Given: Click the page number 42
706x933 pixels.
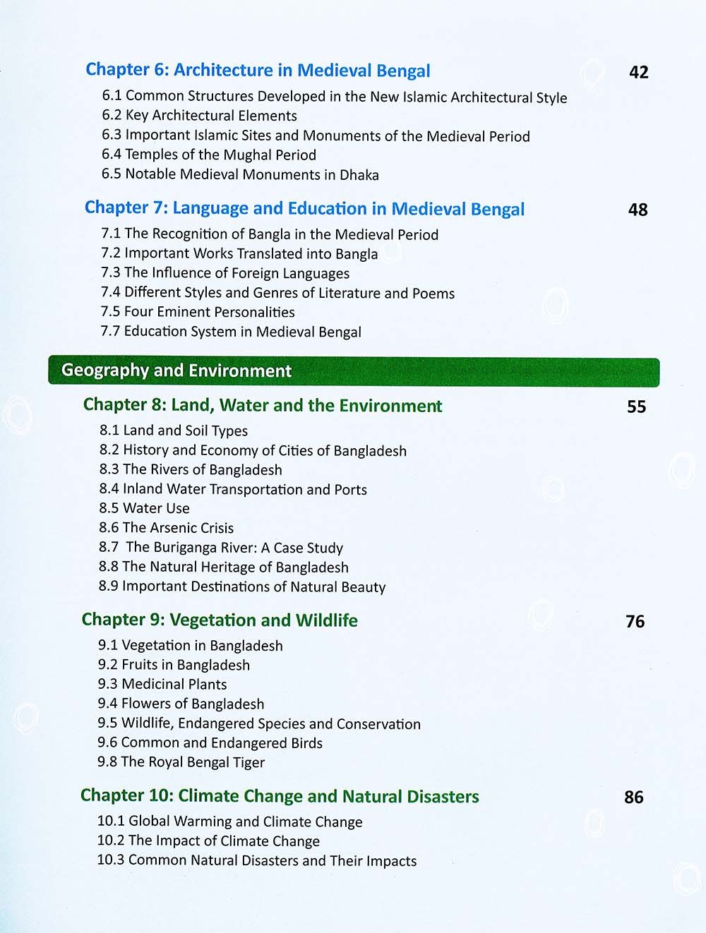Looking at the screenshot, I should pos(638,72).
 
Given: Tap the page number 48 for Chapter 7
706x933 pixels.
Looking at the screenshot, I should pos(638,210).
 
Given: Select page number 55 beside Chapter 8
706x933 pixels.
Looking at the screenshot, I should pos(636,407).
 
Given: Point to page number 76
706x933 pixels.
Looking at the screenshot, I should pos(635,621).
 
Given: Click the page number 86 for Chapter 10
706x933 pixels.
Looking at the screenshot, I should pos(633,797).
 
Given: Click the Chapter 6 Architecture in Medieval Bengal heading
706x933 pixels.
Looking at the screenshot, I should pos(258,71).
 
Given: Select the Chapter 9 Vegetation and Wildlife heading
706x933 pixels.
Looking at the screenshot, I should pos(220,620).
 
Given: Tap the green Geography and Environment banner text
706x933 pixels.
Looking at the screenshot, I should pos(176,371).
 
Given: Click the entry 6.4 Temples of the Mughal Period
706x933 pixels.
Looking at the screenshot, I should pos(209,155).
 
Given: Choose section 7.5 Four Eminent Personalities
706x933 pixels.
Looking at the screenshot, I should pos(198,312).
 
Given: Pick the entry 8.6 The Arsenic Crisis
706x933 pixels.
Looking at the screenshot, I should pos(166,528).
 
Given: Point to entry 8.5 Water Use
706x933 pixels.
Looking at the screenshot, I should pos(144,508).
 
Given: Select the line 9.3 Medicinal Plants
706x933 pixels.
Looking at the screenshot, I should pos(162,684).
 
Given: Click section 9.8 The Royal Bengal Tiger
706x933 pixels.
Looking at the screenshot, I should pos(181,762).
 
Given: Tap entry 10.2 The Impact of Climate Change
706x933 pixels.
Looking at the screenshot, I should pos(208,841).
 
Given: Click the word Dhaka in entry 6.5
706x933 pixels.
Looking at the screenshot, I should pos(359,175).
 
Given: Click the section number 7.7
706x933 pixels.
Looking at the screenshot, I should pos(110,332).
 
